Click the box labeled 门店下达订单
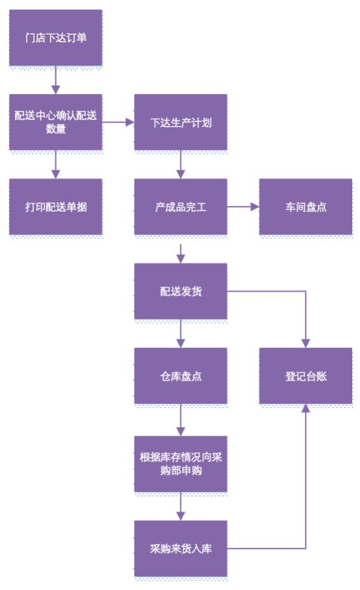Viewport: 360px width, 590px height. (55, 37)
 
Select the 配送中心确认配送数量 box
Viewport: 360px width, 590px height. (55, 122)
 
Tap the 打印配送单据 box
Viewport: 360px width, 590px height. (55, 206)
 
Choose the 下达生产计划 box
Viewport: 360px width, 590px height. (180, 122)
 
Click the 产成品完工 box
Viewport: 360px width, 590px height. (180, 206)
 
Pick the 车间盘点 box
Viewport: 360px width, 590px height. (306, 206)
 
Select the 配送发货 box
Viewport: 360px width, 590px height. (180, 291)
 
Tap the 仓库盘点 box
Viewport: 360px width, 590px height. (180, 375)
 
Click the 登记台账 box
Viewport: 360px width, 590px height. (306, 375)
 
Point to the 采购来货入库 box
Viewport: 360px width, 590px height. (180, 548)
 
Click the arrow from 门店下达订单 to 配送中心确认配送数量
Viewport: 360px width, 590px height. (55, 80)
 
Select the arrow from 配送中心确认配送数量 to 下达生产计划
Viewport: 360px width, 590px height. (118, 122)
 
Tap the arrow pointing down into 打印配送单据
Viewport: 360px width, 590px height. (55, 164)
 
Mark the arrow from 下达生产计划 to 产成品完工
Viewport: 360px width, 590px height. (180, 164)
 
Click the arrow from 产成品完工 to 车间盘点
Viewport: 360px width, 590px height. (243, 206)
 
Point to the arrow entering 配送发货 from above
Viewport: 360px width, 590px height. (180, 252)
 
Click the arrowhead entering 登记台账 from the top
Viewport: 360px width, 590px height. (306, 343)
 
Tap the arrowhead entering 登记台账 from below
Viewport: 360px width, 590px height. (306, 408)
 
